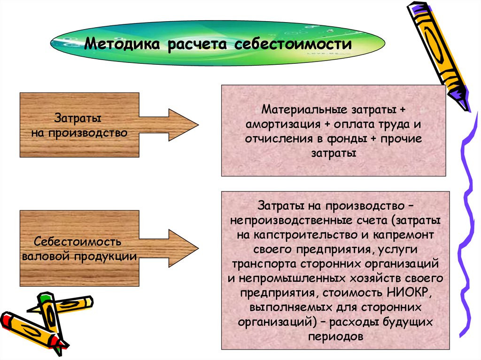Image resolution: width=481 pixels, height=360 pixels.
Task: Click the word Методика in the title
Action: [x=119, y=46]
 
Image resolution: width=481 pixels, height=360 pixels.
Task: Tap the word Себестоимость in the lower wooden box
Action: [x=78, y=243]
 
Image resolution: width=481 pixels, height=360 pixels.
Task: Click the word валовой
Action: [x=46, y=257]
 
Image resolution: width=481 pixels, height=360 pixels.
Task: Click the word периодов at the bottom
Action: [x=335, y=337]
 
